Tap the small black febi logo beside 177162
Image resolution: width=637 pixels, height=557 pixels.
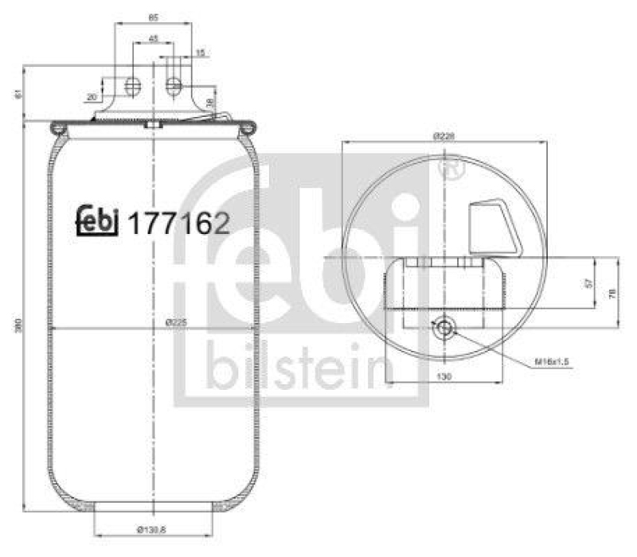(x=97, y=222)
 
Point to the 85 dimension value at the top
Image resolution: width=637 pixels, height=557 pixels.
(x=153, y=15)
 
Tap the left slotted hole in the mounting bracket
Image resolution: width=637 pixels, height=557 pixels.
(x=133, y=84)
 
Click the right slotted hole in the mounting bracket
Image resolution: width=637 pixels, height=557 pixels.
(x=174, y=84)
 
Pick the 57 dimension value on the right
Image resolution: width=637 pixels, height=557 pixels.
(x=588, y=282)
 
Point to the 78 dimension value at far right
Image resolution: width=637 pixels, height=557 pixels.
(x=612, y=292)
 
